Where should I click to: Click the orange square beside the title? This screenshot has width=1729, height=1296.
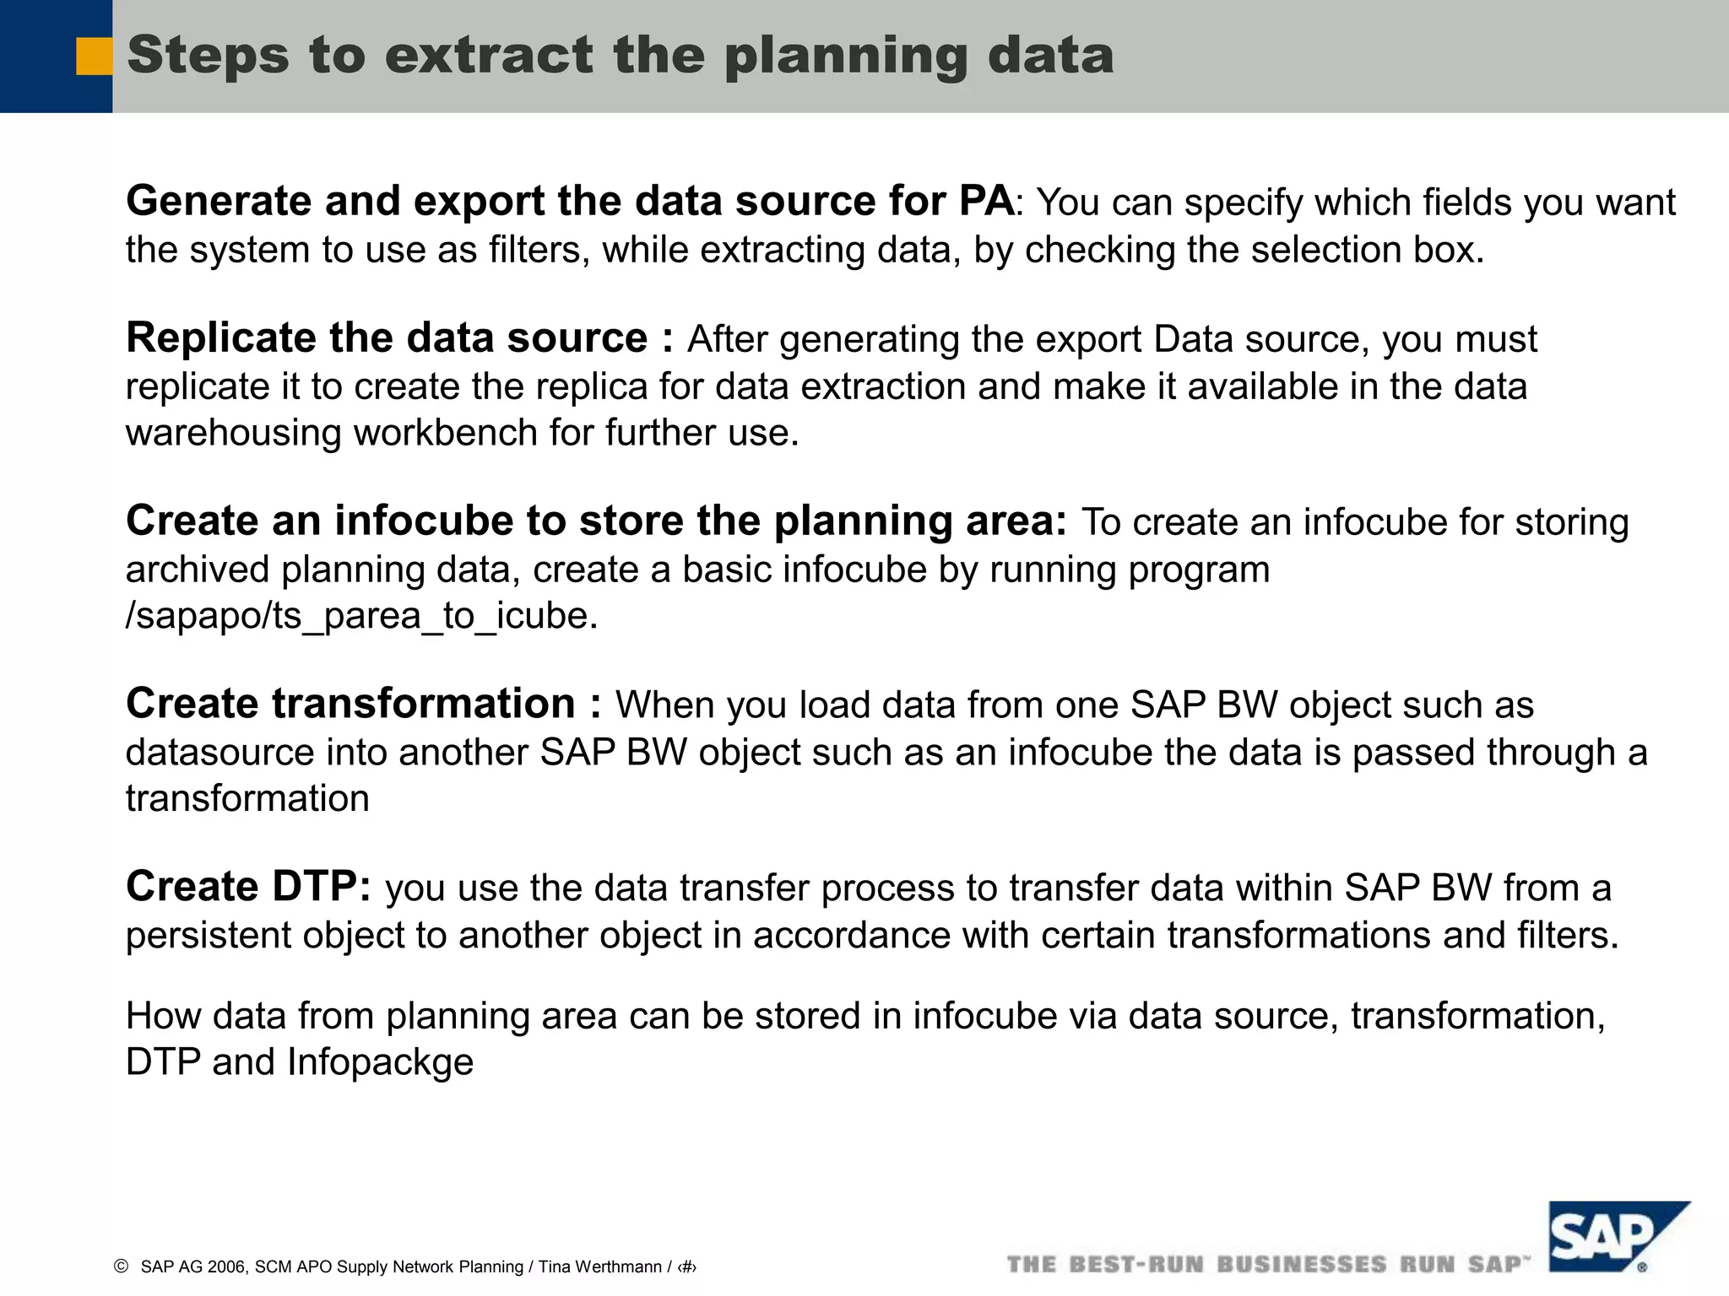tap(94, 57)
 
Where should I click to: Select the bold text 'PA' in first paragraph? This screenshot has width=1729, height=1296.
tap(986, 201)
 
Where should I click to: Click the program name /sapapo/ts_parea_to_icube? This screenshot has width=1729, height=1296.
tap(361, 616)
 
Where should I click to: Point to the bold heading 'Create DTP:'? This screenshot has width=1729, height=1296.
tap(248, 887)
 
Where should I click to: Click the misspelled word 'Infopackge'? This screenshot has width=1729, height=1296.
tap(380, 1062)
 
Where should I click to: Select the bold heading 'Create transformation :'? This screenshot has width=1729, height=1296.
tap(364, 704)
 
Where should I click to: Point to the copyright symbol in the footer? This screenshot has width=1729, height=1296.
tap(121, 1266)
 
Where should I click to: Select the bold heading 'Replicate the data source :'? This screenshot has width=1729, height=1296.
tap(400, 338)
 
